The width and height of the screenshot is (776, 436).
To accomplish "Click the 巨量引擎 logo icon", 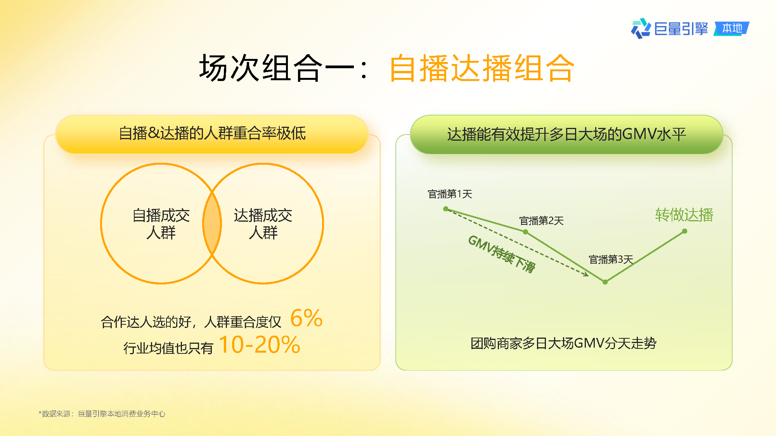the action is [x=641, y=28].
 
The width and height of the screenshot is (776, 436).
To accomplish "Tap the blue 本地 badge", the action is [x=731, y=29].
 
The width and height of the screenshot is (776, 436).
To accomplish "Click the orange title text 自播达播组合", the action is [x=482, y=68].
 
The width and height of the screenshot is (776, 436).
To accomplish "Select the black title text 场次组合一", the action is [x=276, y=68].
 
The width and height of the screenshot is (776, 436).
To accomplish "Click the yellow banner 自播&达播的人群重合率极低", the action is [x=212, y=134].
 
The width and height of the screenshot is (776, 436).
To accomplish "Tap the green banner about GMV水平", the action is [x=566, y=134].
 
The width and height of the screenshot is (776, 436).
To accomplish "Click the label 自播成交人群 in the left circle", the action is [x=161, y=224].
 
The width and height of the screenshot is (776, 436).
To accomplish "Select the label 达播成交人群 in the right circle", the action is [x=263, y=224].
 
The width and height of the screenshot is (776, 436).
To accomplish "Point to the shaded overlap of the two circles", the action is [x=212, y=223].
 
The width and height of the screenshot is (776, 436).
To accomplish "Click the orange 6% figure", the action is [x=306, y=318].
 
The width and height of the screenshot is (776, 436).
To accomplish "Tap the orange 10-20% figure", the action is [x=260, y=345].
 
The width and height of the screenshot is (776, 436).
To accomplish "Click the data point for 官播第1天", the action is [x=446, y=209].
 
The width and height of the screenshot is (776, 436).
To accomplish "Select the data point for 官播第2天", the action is [x=525, y=232].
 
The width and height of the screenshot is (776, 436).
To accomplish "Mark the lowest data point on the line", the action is [x=605, y=282].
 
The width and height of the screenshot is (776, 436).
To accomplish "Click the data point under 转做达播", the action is [x=685, y=231].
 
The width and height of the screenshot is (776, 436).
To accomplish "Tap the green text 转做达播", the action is [x=684, y=215].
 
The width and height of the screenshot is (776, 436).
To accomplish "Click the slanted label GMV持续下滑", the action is [x=502, y=254].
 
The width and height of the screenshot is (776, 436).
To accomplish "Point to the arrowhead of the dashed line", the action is [x=587, y=274].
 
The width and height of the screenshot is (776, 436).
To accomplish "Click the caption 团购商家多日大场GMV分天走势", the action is [x=563, y=343].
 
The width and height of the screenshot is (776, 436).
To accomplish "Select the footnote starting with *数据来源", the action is [x=102, y=414].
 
